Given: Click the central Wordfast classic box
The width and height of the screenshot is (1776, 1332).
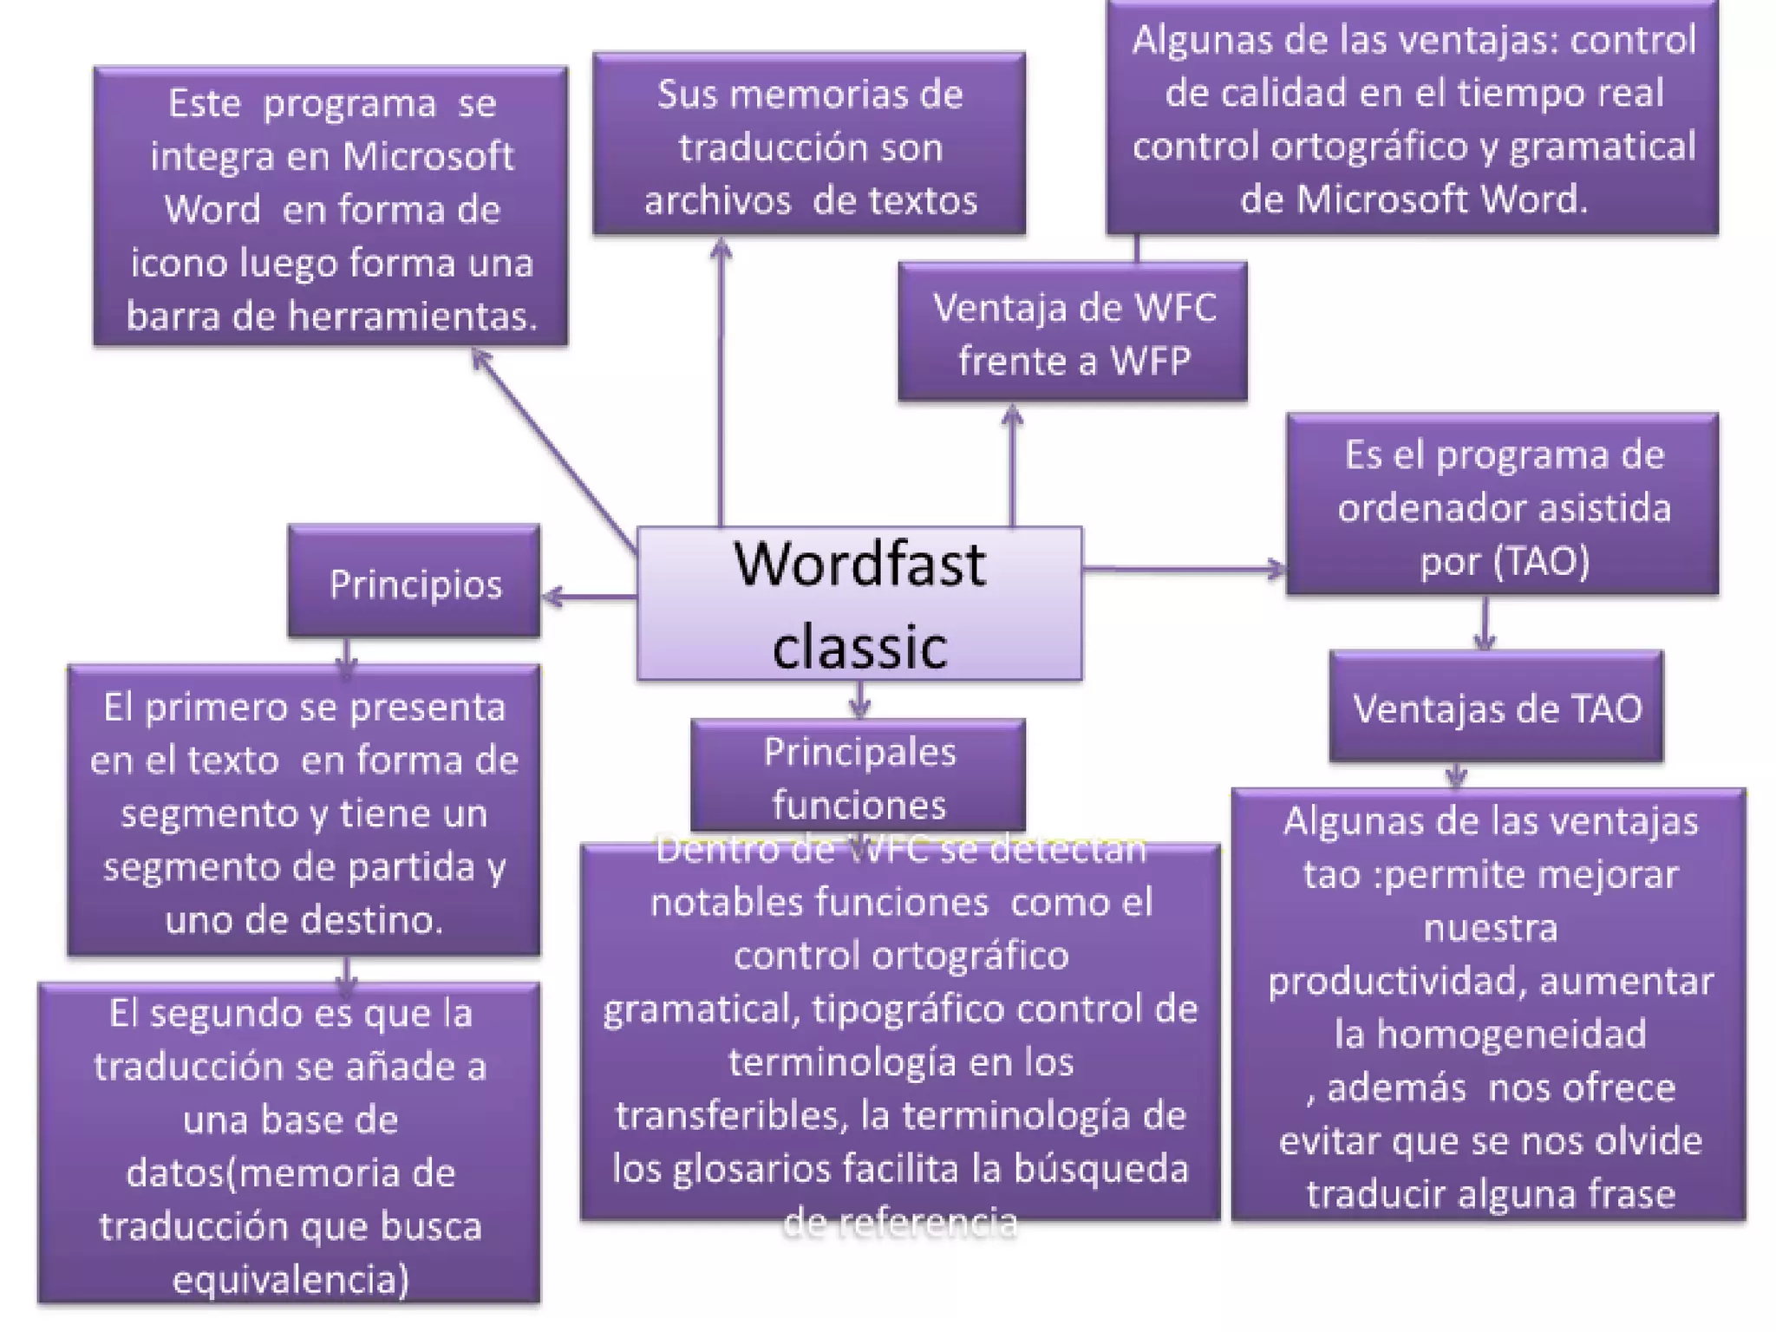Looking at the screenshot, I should [x=859, y=604].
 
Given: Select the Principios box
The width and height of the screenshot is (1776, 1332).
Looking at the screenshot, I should [x=415, y=583].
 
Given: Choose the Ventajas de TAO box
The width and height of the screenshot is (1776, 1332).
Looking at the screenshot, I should [x=1497, y=708].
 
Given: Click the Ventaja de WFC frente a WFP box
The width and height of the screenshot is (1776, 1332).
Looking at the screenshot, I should [x=1074, y=333].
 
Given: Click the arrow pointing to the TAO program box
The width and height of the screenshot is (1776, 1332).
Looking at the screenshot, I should [x=1185, y=569].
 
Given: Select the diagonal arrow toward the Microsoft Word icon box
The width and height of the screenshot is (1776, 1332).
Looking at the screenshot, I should [x=555, y=451].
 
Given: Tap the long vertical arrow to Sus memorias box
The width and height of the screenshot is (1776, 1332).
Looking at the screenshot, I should [x=721, y=382].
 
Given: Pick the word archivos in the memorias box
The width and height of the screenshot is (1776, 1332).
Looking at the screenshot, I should [x=717, y=200].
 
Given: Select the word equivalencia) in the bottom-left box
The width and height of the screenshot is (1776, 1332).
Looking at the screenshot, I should [x=291, y=1279].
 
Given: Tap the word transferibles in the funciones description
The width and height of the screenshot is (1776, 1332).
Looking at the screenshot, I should [x=731, y=1115].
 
